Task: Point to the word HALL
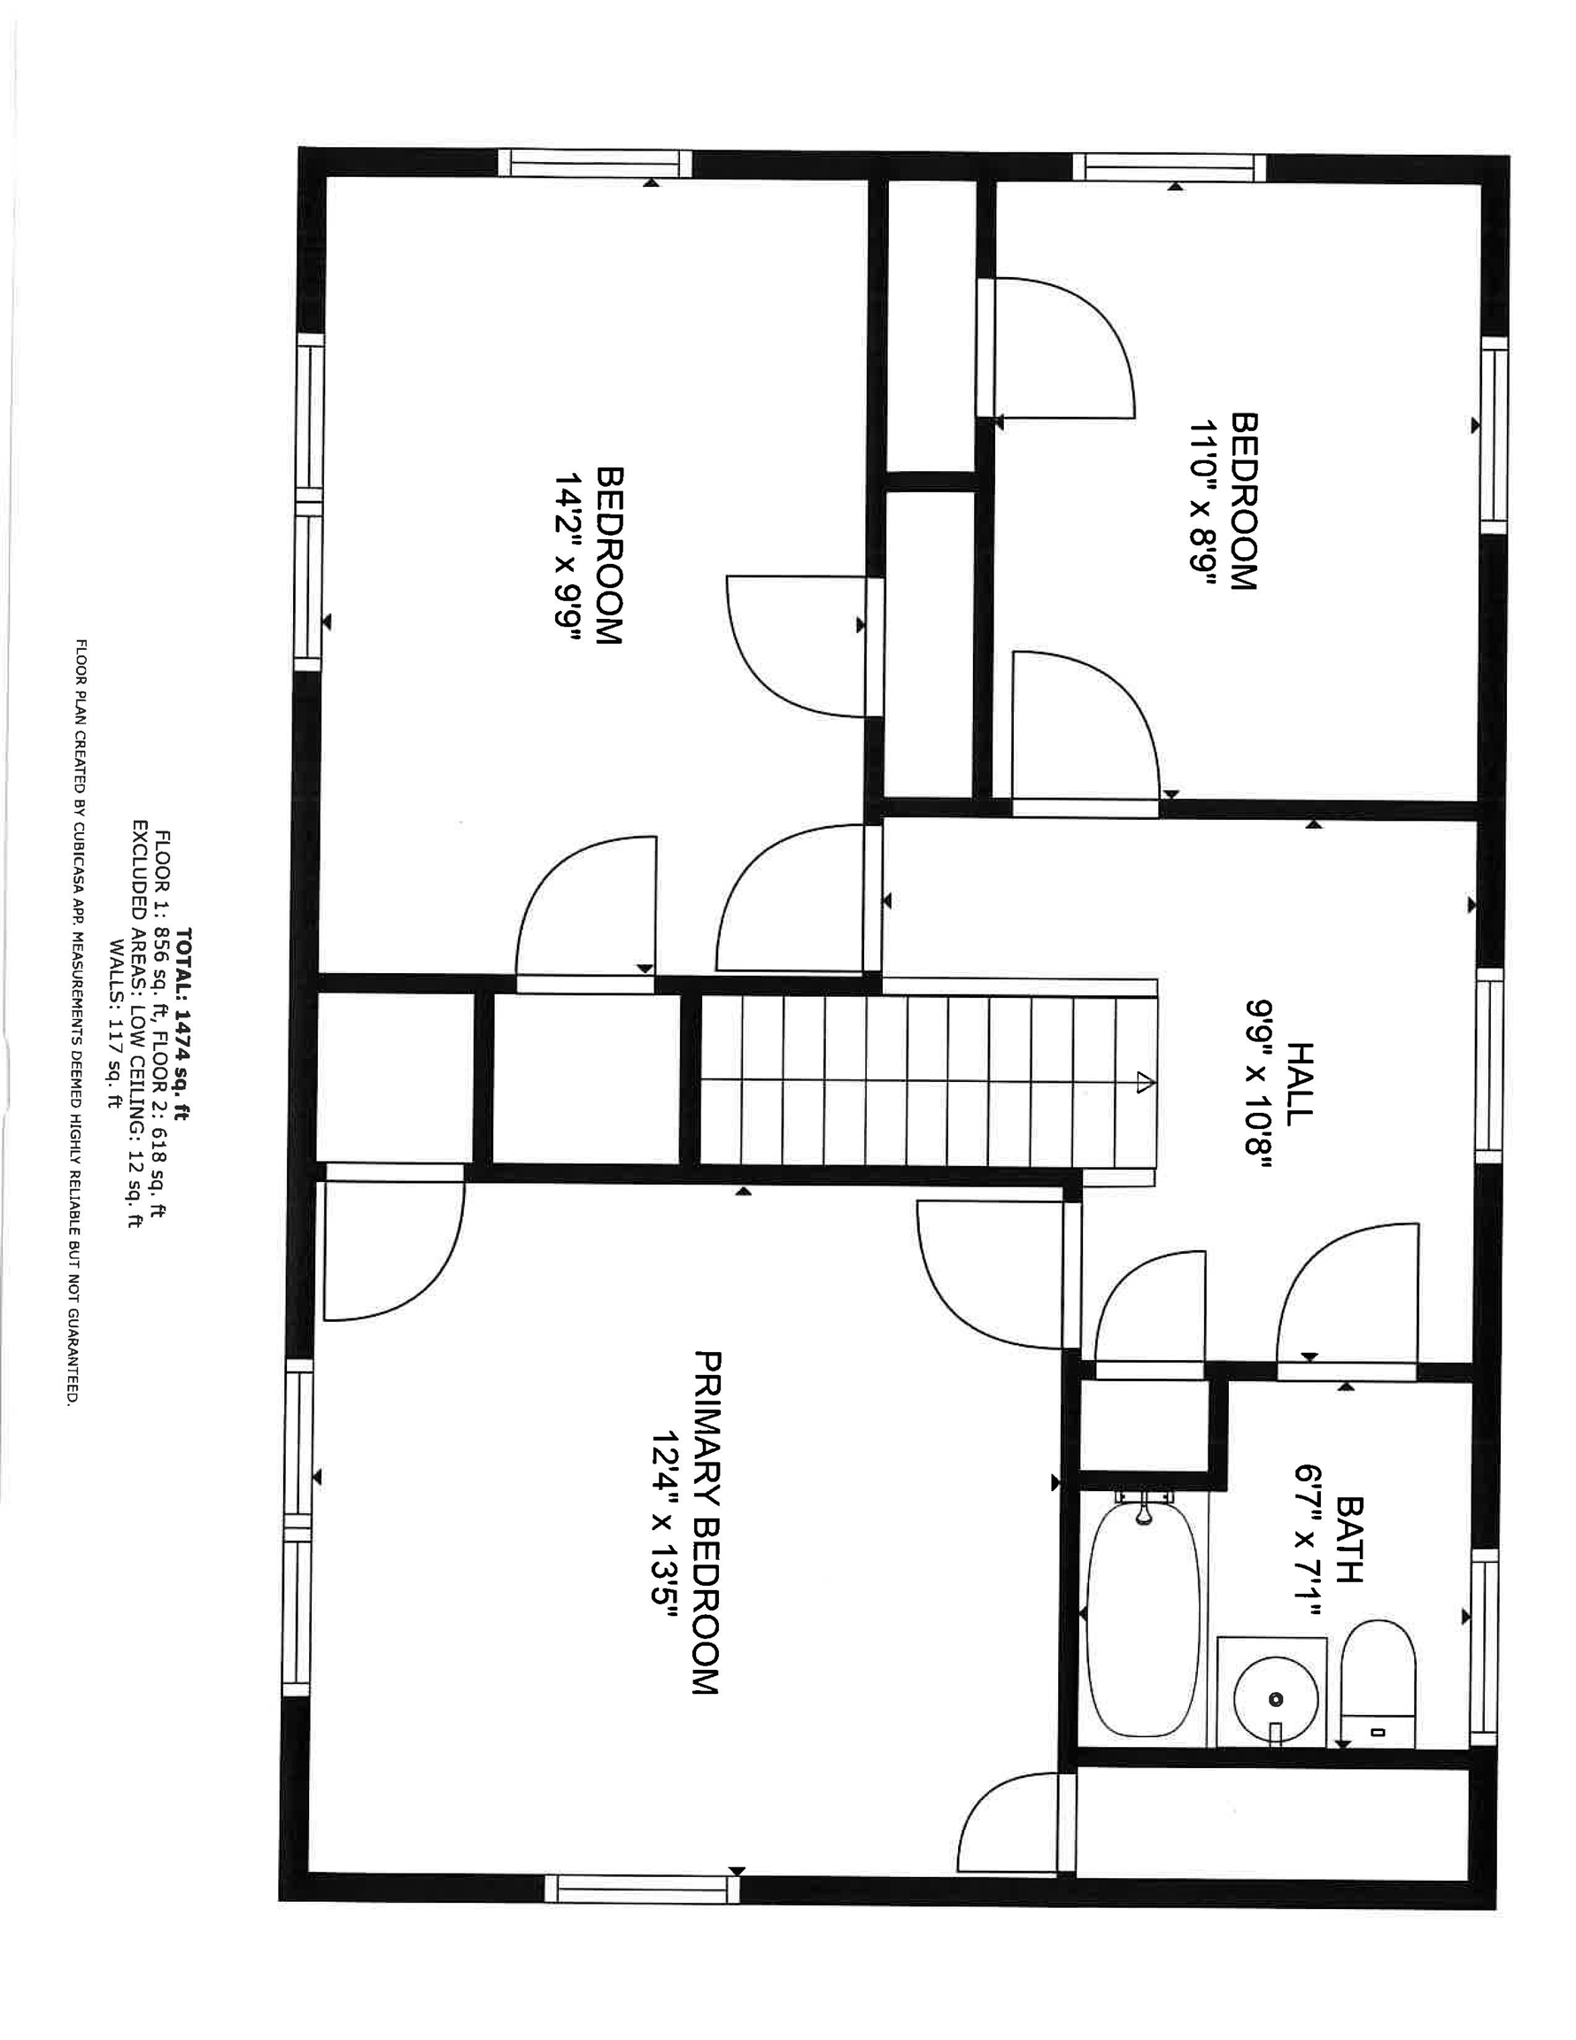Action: tap(1301, 1081)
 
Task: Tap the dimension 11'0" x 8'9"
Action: tap(1203, 503)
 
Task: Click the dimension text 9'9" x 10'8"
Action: tap(1257, 1081)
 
